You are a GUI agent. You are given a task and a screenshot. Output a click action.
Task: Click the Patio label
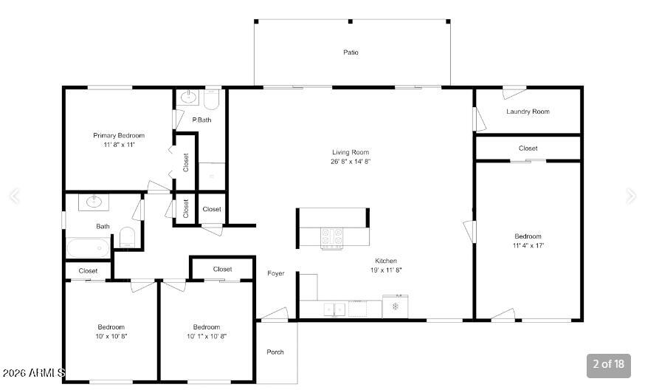pyautogui.click(x=351, y=52)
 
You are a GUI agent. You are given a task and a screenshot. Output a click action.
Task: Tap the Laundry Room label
pyautogui.click(x=528, y=112)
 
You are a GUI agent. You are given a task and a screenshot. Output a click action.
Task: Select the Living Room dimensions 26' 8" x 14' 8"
pyautogui.click(x=351, y=162)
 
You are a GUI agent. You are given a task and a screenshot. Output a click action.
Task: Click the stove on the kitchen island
pyautogui.click(x=331, y=238)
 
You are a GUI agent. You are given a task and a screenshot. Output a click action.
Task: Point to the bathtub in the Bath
pyautogui.click(x=88, y=248)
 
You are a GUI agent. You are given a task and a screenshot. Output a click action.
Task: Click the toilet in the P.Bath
pyautogui.click(x=212, y=100)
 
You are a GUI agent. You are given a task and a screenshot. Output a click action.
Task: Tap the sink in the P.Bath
pyautogui.click(x=189, y=97)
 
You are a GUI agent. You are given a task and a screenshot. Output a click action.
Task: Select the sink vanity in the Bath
pyautogui.click(x=94, y=202)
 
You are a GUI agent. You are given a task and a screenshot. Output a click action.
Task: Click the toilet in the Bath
pyautogui.click(x=127, y=237)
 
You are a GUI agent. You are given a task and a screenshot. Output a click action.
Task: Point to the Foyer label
pyautogui.click(x=275, y=273)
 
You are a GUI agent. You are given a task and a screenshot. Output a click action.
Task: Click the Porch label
pyautogui.click(x=275, y=352)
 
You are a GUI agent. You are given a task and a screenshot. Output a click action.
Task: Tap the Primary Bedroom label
pyautogui.click(x=119, y=135)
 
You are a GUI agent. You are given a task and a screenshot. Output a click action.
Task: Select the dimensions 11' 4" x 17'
pyautogui.click(x=528, y=245)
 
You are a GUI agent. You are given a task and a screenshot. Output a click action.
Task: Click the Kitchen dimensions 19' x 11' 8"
pyautogui.click(x=386, y=270)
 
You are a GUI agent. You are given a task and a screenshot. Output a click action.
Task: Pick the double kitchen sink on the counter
pyautogui.click(x=334, y=309)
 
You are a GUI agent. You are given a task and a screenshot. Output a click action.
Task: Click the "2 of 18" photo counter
pyautogui.click(x=608, y=364)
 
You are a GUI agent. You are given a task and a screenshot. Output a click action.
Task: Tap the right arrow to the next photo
pyautogui.click(x=630, y=196)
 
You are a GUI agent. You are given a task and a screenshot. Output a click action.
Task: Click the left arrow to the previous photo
pyautogui.click(x=15, y=196)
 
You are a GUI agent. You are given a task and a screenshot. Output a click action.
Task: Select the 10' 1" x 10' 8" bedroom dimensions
pyautogui.click(x=207, y=336)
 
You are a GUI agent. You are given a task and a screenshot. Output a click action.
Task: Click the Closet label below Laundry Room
pyautogui.click(x=528, y=148)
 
